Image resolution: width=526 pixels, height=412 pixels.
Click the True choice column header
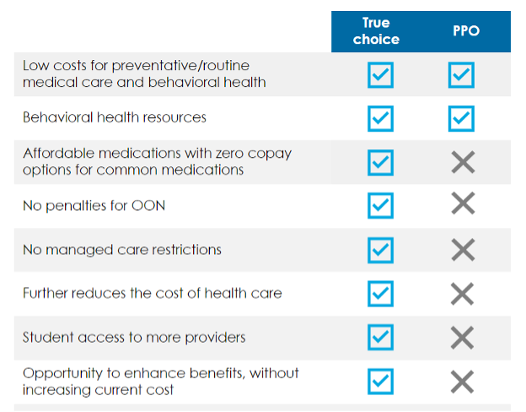tap(376, 31)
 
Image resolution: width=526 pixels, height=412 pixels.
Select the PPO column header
tap(466, 31)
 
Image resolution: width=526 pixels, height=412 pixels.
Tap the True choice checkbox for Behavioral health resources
tap(380, 119)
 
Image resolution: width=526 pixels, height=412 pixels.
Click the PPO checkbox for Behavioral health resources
tap(461, 119)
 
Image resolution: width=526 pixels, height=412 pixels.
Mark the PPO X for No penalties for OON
tap(464, 203)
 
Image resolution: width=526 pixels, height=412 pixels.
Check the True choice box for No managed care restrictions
tap(380, 251)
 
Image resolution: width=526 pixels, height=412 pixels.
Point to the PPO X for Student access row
tap(463, 338)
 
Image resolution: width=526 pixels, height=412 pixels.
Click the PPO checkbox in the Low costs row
tap(461, 74)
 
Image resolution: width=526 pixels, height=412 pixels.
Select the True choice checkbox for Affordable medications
tap(380, 163)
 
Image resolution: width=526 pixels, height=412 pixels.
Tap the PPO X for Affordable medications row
tap(464, 162)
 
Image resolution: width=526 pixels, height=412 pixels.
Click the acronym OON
tap(148, 206)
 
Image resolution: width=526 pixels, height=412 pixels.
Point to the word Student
tap(48, 337)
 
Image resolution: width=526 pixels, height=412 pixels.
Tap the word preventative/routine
tap(180, 66)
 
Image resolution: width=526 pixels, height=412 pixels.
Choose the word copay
tap(270, 154)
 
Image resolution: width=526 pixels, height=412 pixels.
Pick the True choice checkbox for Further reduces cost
tap(380, 294)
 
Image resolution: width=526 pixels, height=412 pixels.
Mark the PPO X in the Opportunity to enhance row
tap(463, 382)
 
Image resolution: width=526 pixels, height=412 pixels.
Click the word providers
tap(215, 338)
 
